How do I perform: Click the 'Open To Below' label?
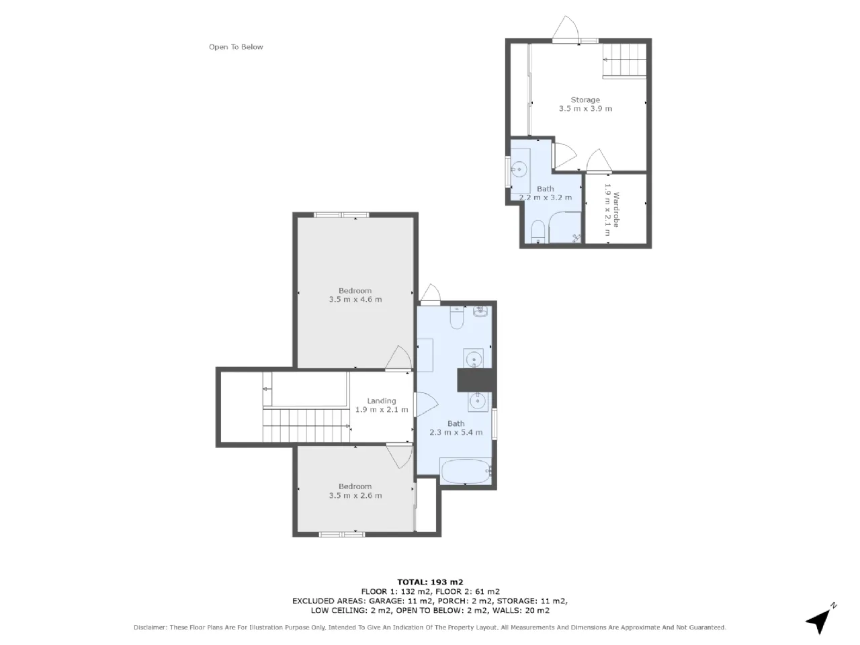235,47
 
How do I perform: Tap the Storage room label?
585,100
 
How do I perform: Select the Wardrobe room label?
616,210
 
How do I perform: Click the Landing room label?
381,400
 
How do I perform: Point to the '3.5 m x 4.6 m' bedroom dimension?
355,299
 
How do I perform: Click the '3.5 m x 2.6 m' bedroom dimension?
355,495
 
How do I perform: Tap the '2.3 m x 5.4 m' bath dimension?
456,432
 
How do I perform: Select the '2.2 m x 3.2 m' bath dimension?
545,197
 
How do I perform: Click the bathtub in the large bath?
466,472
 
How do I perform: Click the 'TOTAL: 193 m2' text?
430,582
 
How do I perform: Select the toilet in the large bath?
457,317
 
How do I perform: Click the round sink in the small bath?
519,169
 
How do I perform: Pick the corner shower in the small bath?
564,227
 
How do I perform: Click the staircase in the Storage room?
624,60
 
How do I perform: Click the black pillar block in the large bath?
477,380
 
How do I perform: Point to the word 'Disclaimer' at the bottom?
150,627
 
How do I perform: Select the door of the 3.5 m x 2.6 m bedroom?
399,455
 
